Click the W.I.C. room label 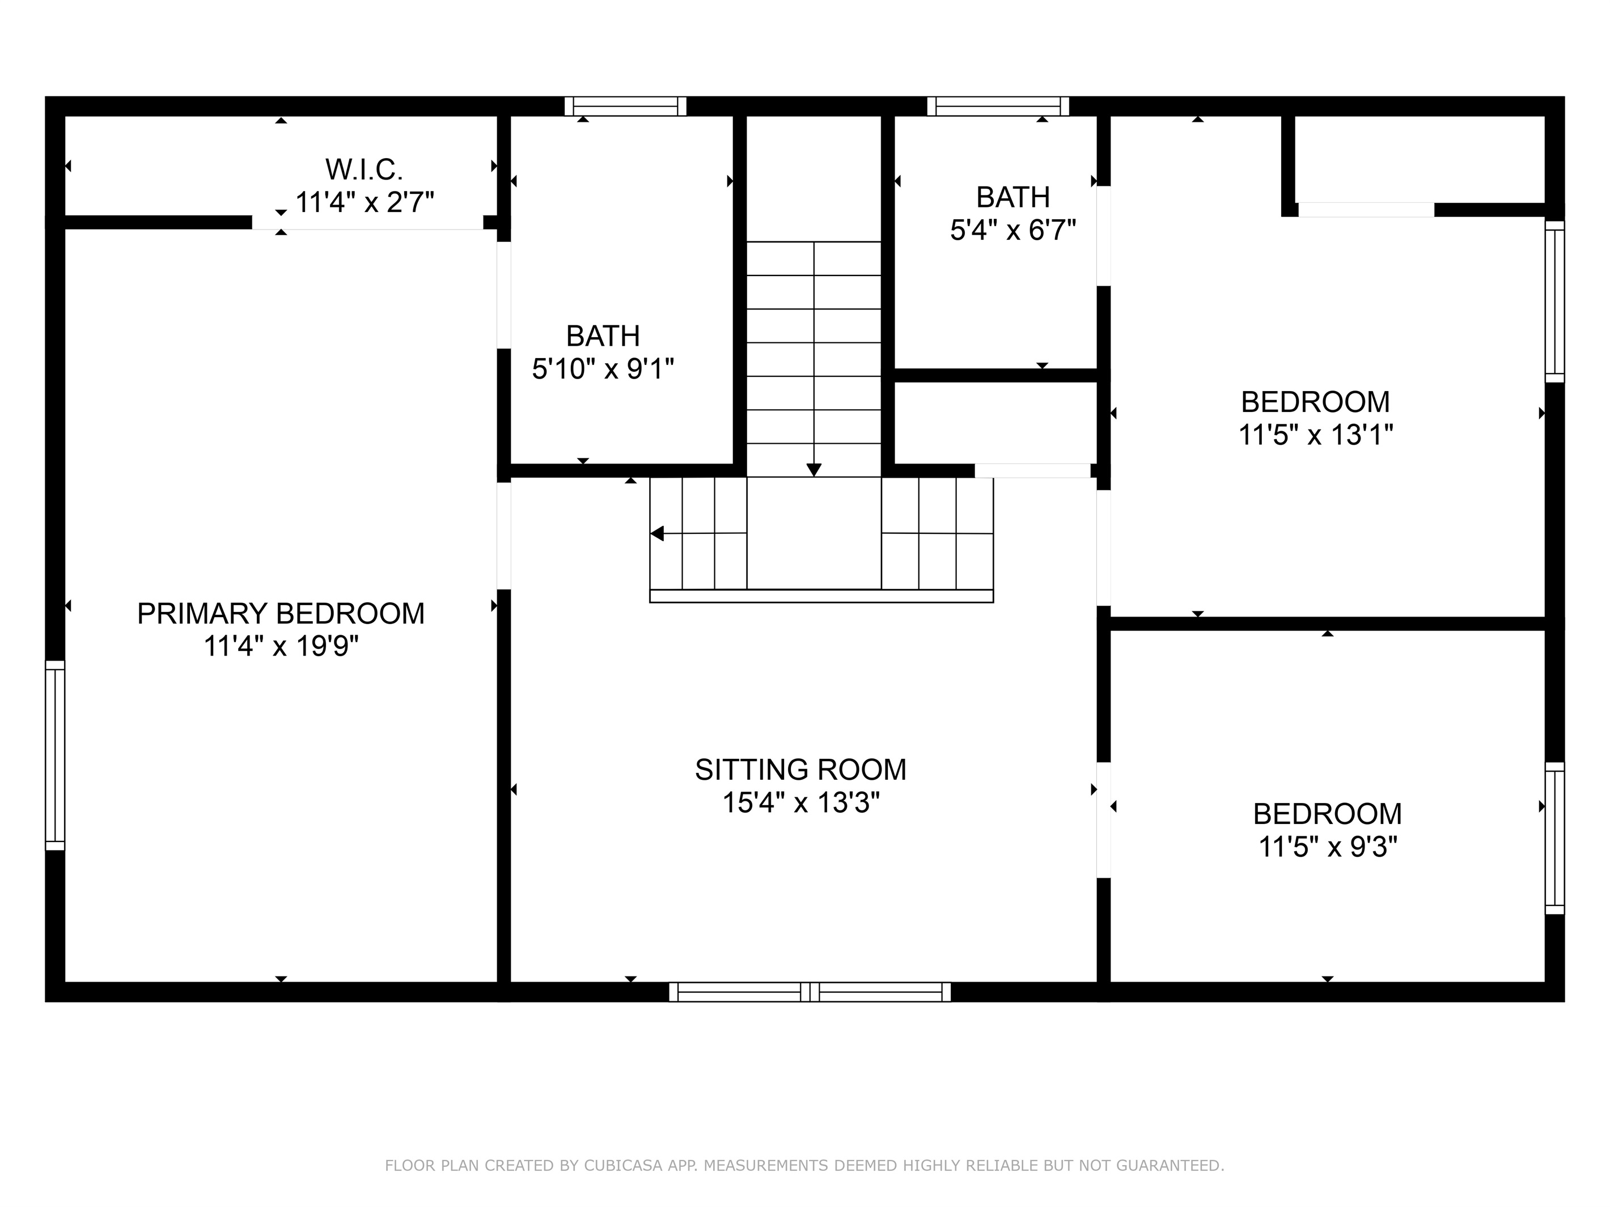(364, 169)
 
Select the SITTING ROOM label (800, 770)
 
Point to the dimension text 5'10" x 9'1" (603, 369)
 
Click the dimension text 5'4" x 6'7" (1013, 231)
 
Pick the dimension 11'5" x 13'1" (1316, 435)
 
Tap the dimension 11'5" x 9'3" (1328, 847)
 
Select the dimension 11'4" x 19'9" (281, 646)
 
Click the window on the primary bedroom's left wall (56, 755)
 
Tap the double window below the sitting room (810, 992)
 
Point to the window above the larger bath (626, 106)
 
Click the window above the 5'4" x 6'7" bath (998, 106)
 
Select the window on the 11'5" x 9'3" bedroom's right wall (1554, 838)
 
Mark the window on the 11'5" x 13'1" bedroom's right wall (1554, 301)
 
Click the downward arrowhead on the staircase (814, 470)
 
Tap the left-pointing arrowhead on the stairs (657, 534)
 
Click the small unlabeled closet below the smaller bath (995, 423)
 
